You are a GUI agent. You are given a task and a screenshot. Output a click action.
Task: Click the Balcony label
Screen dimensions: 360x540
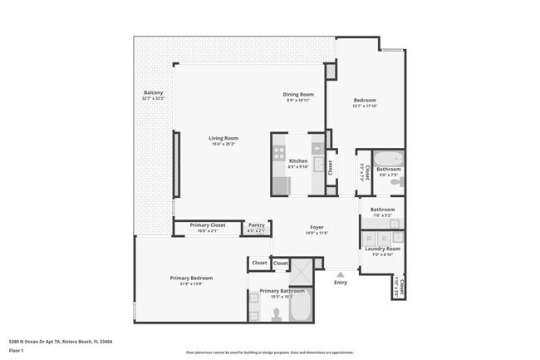[153, 92]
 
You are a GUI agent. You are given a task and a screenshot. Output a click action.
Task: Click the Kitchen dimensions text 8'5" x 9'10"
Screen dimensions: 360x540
[297, 166]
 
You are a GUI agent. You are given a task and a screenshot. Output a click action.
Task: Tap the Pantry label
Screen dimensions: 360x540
[257, 224]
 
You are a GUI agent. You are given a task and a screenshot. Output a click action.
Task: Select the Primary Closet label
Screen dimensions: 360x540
[208, 224]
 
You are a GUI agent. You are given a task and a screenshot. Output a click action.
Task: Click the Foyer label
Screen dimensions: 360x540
[317, 225]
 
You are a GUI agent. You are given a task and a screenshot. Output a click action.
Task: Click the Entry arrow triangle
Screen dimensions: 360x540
[340, 274]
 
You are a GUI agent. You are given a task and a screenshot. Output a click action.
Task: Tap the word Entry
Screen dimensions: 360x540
[341, 283]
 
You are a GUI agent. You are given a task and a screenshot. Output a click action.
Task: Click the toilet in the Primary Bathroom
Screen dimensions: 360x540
[276, 314]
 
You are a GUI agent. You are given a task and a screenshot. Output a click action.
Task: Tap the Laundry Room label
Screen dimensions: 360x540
[382, 249]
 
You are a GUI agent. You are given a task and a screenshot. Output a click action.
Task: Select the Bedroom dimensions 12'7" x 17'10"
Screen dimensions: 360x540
[364, 106]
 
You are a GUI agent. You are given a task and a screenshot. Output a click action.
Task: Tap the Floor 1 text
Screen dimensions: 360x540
[15, 350]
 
